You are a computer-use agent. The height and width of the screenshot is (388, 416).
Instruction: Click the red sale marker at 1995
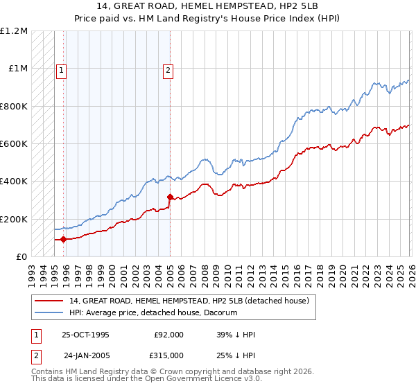tap(63, 240)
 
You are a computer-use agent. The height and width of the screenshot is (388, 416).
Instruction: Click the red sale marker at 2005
tap(170, 197)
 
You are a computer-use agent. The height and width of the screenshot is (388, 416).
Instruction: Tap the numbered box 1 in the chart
tap(61, 69)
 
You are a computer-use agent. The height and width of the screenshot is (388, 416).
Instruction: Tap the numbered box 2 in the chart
tap(168, 69)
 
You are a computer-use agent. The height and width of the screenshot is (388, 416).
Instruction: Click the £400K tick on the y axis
tap(13, 182)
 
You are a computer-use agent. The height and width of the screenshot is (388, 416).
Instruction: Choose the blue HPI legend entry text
tap(153, 312)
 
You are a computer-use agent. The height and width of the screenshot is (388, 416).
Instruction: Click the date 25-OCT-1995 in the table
tap(85, 335)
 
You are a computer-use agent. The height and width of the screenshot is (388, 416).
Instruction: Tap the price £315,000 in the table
tap(168, 355)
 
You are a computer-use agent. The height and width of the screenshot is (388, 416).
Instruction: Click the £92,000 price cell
tap(168, 335)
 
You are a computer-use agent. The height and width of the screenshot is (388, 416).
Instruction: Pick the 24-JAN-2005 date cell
tap(85, 355)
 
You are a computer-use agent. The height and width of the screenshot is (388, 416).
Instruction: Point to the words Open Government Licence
tap(188, 380)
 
